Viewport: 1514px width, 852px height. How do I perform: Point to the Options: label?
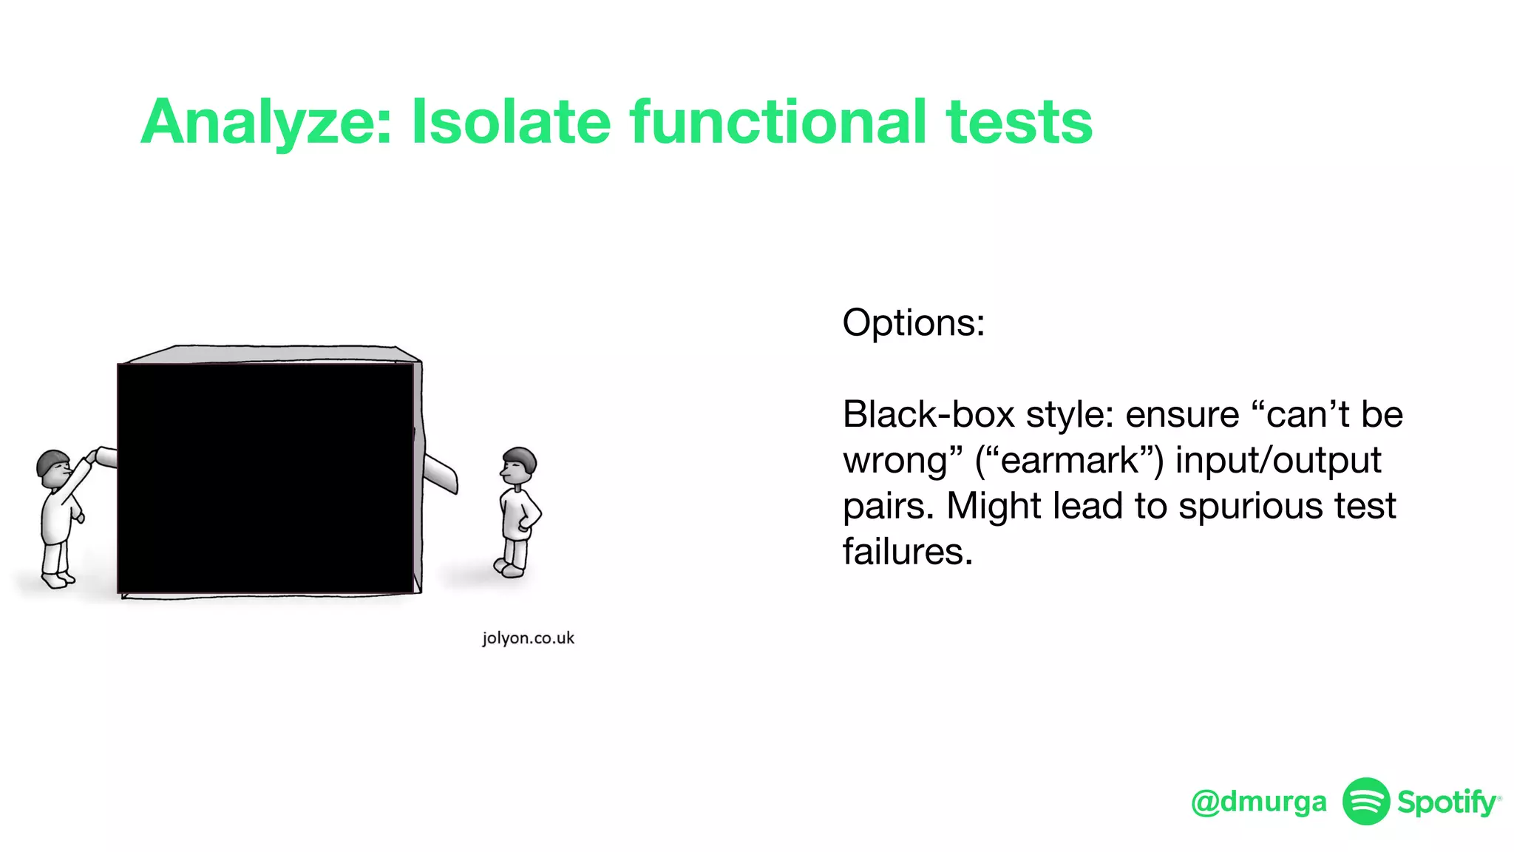coord(913,323)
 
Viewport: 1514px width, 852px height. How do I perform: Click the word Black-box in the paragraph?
coord(929,414)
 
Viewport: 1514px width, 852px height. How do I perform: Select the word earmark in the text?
coord(1070,460)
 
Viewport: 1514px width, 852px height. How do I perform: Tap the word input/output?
coord(1277,461)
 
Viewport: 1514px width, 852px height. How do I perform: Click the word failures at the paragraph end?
coord(907,552)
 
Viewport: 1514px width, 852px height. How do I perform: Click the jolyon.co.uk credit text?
coord(528,638)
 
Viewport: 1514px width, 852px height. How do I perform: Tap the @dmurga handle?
coord(1258,802)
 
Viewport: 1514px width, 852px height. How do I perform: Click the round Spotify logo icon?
coord(1365,801)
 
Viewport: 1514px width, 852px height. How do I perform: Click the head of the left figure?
coord(53,467)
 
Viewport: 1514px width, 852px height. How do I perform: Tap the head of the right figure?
coord(519,464)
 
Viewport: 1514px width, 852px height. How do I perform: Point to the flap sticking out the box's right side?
coord(441,473)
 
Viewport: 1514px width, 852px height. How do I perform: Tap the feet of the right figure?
coord(510,568)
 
